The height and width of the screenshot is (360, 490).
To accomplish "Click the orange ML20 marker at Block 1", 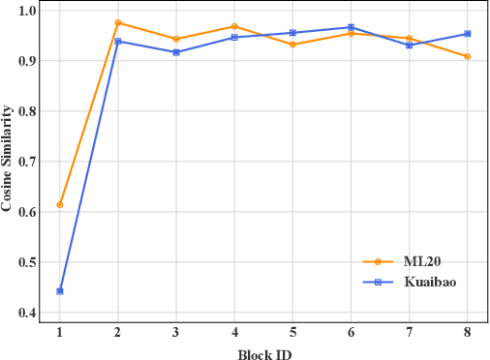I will point(60,204).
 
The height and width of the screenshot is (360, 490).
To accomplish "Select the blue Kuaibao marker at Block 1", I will point(60,290).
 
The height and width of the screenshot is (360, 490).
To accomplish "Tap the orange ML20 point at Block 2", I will point(118,22).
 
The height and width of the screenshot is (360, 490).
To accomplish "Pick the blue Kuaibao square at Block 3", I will point(176,52).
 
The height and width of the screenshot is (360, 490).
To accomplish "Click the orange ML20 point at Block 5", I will point(292,45).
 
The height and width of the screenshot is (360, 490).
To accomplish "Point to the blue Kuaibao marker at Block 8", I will point(467,34).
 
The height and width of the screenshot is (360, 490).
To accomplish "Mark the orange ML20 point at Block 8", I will point(467,56).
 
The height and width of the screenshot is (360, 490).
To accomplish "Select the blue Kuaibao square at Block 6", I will point(351,27).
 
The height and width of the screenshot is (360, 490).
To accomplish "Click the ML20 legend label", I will point(419,261).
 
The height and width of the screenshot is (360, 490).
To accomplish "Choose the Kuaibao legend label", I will point(429,282).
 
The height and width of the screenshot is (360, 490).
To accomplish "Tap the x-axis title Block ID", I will point(263,353).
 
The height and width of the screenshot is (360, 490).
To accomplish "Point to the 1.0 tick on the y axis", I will point(26,11).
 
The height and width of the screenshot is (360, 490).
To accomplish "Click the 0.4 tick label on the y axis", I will point(26,313).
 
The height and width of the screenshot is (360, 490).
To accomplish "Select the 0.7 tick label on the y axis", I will point(26,162).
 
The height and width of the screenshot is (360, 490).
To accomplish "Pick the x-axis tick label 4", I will point(234,333).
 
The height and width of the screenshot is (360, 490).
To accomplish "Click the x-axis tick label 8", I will point(467,333).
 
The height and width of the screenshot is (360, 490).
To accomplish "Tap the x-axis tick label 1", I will point(60,333).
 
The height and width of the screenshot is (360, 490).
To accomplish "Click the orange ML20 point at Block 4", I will point(234,27).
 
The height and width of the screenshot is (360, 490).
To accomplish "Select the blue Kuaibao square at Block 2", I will point(118,41).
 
